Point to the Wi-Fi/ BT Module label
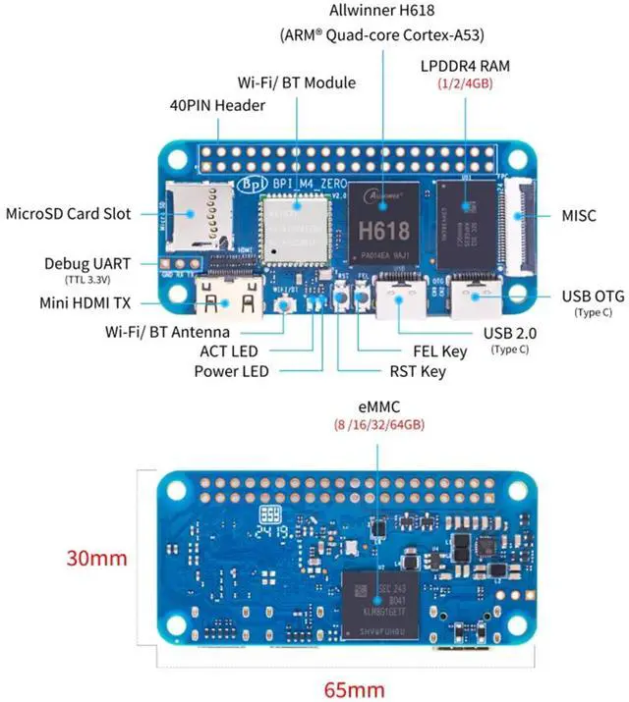coord(297,82)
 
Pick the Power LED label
coord(231,371)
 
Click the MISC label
coord(578,215)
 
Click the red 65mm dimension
coord(355,687)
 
